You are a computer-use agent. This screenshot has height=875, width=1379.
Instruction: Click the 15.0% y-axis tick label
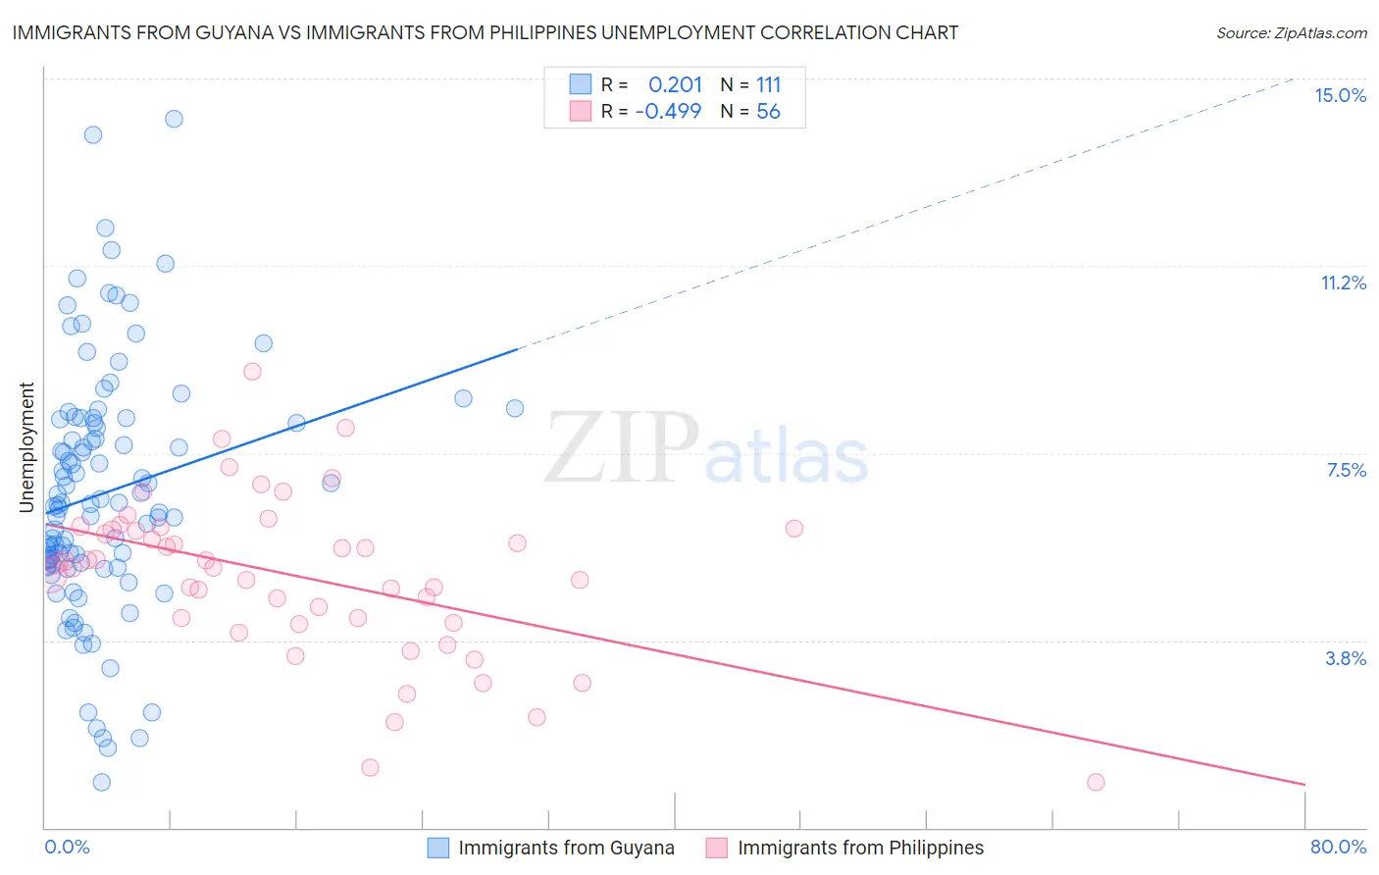(1340, 95)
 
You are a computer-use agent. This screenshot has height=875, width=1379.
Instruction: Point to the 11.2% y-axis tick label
(1343, 283)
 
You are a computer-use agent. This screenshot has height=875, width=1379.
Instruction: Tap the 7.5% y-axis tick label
(1346, 470)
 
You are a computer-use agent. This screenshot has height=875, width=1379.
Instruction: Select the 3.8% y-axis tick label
(1346, 658)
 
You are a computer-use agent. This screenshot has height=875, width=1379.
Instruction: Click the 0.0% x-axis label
(67, 847)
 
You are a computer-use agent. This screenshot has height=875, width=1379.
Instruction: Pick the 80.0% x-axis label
(1338, 847)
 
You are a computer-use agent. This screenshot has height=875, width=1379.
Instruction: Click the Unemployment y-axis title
(26, 447)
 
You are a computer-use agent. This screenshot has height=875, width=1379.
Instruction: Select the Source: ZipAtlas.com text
(1291, 32)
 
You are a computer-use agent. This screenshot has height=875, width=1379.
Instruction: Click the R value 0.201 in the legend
(675, 85)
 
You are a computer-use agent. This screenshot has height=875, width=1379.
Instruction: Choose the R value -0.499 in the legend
(668, 111)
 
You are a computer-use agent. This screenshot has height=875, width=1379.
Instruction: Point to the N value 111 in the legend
(768, 85)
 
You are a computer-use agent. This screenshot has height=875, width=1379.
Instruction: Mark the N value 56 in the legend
(768, 111)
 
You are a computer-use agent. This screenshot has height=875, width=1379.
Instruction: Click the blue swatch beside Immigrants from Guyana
(438, 848)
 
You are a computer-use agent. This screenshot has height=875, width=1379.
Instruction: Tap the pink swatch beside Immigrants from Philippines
(717, 848)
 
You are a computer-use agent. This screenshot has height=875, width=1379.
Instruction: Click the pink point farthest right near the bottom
(1096, 782)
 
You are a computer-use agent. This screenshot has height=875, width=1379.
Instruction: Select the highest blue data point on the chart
(174, 119)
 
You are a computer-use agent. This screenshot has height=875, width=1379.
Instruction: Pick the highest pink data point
(252, 371)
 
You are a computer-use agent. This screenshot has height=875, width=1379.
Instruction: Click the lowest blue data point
(101, 782)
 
